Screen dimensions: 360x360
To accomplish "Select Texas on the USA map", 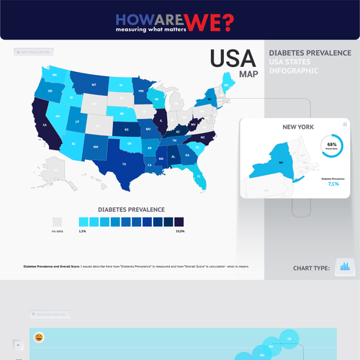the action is tap(124, 163).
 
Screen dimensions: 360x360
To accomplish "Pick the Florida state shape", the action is tap(197, 175).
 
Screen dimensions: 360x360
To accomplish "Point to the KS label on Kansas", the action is tap(127, 130).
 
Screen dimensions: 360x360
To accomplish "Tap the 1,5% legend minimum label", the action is tap(83, 231).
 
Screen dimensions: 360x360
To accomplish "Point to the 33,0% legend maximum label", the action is tap(179, 231).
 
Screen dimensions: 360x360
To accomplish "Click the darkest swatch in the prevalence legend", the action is tap(179, 222).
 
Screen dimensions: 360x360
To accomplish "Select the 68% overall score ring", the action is tap(332, 145).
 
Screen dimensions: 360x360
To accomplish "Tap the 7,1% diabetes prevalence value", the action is tap(333, 184).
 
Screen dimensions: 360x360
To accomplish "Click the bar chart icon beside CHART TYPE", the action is tap(346, 266).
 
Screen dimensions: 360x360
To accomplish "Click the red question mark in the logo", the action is tap(228, 23).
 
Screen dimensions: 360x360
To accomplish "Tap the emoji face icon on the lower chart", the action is tap(39, 336).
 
